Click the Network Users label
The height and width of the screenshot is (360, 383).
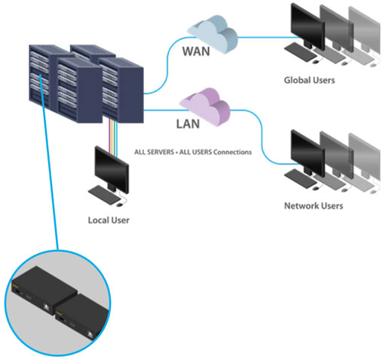313,205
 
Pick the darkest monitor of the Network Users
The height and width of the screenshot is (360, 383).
306,151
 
